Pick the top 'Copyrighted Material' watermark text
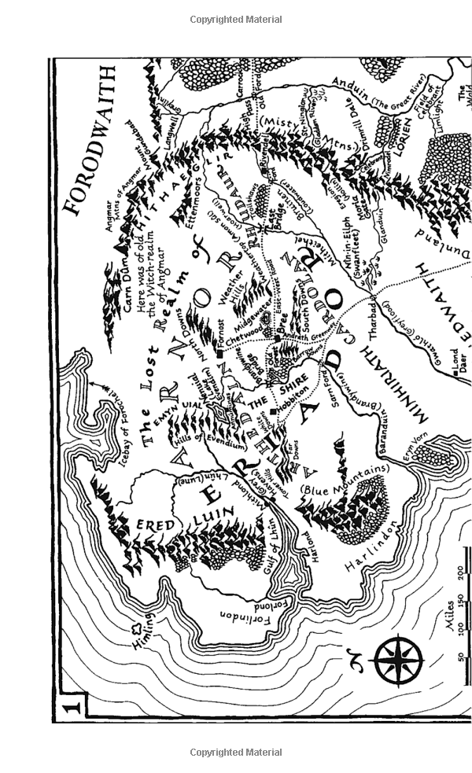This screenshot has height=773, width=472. (x=236, y=19)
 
